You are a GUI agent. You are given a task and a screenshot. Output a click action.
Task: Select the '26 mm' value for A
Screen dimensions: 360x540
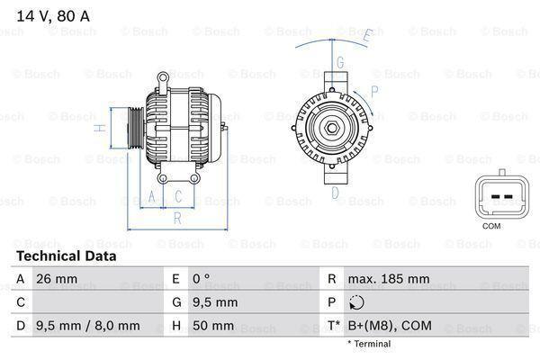pyautogui.click(x=56, y=279)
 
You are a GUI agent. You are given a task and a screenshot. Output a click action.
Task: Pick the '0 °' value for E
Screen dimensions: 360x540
pyautogui.click(x=201, y=279)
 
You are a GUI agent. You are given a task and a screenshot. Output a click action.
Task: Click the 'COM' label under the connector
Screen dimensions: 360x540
pyautogui.click(x=491, y=227)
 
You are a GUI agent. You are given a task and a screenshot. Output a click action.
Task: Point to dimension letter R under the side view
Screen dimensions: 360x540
pyautogui.click(x=177, y=217)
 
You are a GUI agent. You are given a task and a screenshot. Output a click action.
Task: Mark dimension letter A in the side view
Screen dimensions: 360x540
pyautogui.click(x=152, y=196)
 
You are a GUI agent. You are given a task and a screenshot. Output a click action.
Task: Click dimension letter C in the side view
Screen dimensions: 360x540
pyautogui.click(x=178, y=196)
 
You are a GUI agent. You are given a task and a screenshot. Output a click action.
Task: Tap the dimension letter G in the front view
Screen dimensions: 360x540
pyautogui.click(x=340, y=62)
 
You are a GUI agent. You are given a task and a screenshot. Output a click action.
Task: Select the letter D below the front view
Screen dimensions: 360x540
pyautogui.click(x=335, y=192)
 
